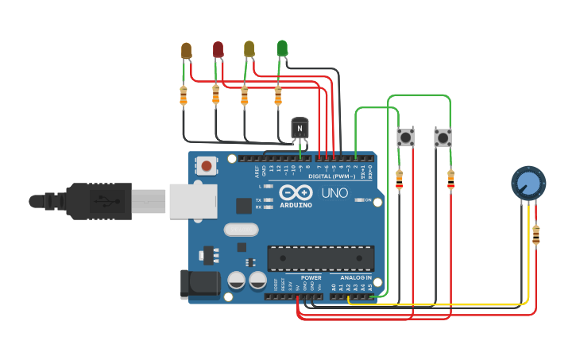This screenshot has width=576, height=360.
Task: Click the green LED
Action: [x=282, y=48]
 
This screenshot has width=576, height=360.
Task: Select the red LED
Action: [x=218, y=50]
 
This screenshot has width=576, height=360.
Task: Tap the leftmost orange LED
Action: [x=186, y=51]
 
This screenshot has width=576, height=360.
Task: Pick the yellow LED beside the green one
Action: [x=249, y=49]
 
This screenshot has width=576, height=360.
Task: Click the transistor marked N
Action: [x=299, y=127]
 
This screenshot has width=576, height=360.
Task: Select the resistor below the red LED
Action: [x=215, y=95]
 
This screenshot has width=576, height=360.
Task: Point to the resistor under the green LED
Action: [x=277, y=96]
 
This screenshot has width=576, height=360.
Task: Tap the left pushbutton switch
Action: [x=405, y=137]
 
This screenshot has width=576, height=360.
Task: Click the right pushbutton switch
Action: [x=443, y=137]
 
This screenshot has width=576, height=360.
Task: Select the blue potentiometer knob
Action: [x=528, y=183]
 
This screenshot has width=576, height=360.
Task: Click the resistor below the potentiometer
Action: [x=536, y=235]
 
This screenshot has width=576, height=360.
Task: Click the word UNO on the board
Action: [x=334, y=193]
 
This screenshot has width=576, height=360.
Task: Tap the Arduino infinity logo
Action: [x=295, y=193]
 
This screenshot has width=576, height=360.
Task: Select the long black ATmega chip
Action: [x=320, y=258]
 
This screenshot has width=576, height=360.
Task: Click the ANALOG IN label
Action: [x=356, y=278]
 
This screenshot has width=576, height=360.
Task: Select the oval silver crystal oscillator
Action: [x=241, y=230]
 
